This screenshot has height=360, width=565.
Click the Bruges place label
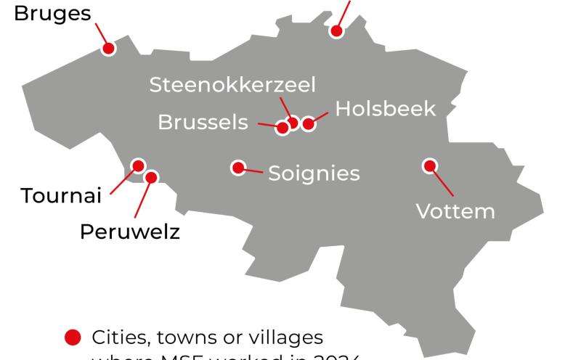[x=49, y=15]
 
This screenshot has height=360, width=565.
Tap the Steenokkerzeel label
[x=232, y=85]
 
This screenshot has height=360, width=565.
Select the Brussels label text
[x=203, y=122]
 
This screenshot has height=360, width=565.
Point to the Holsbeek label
[x=386, y=109]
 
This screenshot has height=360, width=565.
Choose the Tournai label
[x=60, y=196]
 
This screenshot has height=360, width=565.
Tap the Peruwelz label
[x=129, y=232]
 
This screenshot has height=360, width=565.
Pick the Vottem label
[x=455, y=211]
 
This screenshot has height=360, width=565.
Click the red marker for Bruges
[x=108, y=49]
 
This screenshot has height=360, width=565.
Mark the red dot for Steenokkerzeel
[x=293, y=122]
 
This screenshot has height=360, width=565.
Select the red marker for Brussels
[x=282, y=128]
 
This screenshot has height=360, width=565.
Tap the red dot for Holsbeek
[x=308, y=124]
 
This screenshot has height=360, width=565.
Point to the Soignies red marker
[x=237, y=168]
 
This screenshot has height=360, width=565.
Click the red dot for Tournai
[x=137, y=166]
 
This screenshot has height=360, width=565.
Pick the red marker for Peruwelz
[x=152, y=176]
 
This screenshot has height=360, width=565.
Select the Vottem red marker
[x=429, y=165]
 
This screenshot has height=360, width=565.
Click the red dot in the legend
[x=72, y=337]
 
